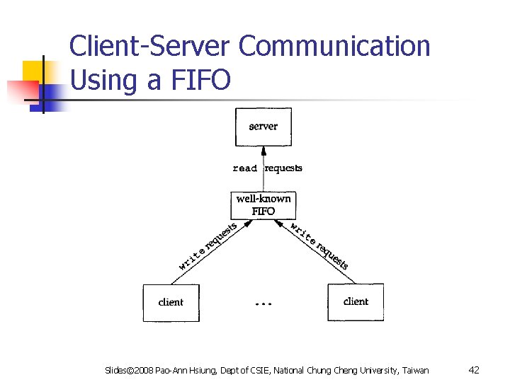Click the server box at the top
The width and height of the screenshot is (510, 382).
(x=263, y=127)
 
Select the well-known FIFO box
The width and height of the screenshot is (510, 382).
(x=263, y=205)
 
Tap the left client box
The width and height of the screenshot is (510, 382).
(x=171, y=302)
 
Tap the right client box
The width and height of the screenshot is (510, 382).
(x=355, y=301)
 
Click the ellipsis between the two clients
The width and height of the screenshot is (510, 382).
(x=262, y=303)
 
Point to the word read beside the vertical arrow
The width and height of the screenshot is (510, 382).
(x=244, y=168)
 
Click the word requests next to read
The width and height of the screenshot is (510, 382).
(x=283, y=168)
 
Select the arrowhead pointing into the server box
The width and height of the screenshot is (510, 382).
(x=263, y=150)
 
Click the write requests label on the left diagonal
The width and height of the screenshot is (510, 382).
(x=207, y=246)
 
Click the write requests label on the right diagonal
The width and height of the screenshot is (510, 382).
(x=319, y=245)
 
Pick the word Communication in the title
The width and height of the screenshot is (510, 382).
(x=334, y=46)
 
